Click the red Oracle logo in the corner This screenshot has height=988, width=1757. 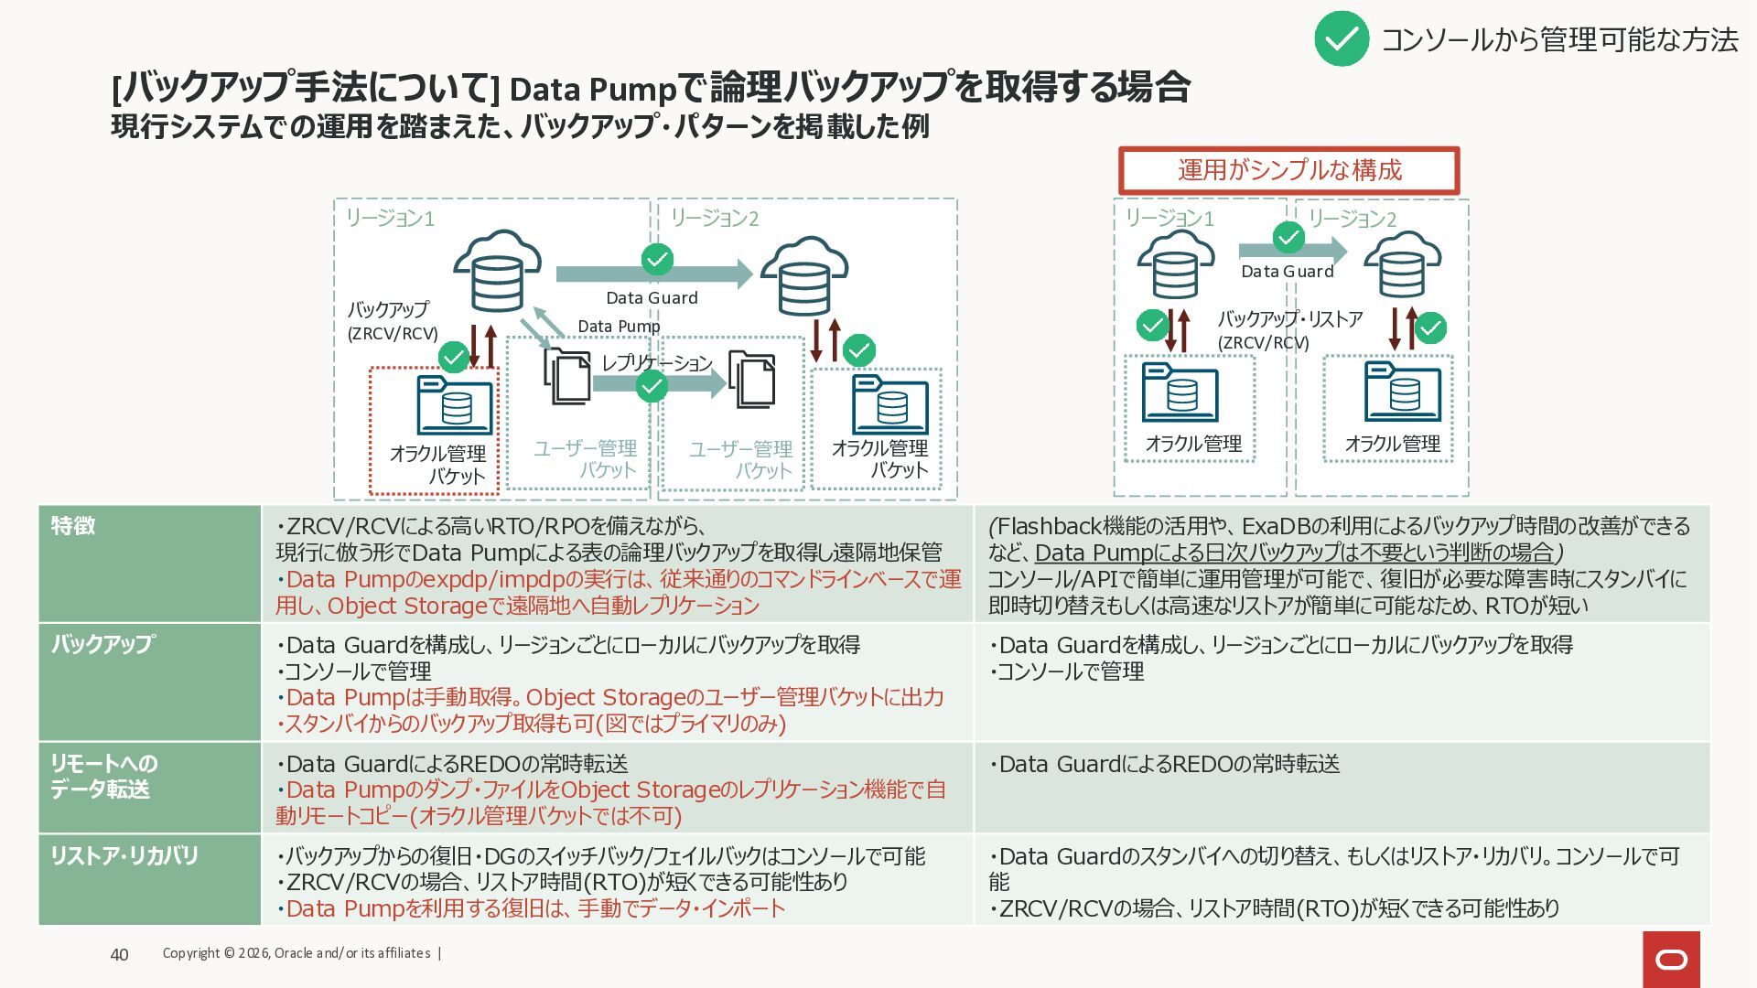coord(1671,959)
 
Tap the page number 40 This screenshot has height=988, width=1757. coord(119,954)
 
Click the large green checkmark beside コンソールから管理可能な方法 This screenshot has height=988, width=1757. coord(1341,38)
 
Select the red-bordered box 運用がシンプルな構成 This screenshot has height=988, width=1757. coord(1288,170)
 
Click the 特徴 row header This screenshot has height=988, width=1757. coord(73,525)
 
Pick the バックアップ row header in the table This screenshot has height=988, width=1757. coord(102,644)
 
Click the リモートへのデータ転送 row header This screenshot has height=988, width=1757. coord(103,776)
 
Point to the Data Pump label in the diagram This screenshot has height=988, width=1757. coord(619,327)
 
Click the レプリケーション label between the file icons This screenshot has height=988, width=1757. coord(656,362)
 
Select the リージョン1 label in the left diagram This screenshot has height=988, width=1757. coord(390,218)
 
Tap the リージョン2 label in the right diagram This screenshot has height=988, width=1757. coord(1352,219)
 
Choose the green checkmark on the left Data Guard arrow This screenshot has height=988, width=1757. coord(657,260)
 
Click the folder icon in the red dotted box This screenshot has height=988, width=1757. coord(455,404)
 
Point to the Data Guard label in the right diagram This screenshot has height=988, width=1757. coord(1287,272)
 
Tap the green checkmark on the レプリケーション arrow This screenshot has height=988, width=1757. coord(652,386)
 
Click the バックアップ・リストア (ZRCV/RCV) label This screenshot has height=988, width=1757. coord(1288,330)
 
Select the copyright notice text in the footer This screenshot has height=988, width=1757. coord(296,953)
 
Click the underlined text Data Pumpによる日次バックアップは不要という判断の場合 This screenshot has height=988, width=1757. coord(1294,553)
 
